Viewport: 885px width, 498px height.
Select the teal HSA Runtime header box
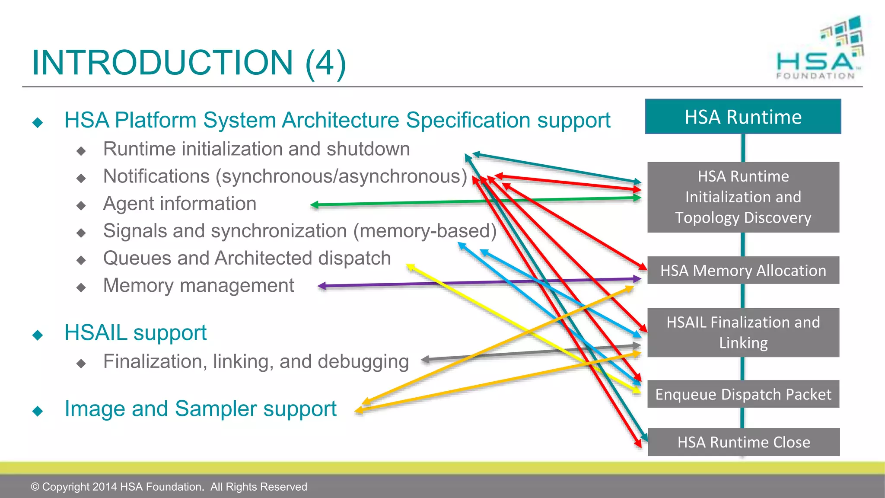pyautogui.click(x=743, y=117)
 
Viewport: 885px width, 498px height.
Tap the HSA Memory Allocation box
pyautogui.click(x=743, y=271)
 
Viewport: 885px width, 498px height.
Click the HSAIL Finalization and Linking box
pyautogui.click(x=743, y=332)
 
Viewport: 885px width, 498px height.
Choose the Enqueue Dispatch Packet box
pyautogui.click(x=743, y=394)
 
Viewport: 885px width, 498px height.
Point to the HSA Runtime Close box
pyautogui.click(x=743, y=442)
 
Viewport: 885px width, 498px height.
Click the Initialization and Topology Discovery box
pyautogui.click(x=743, y=197)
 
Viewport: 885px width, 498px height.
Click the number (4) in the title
pyautogui.click(x=325, y=63)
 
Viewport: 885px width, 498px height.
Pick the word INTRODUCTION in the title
pyautogui.click(x=162, y=63)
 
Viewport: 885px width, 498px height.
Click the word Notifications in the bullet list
pyautogui.click(x=156, y=176)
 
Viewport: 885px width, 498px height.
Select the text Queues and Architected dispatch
pyautogui.click(x=247, y=259)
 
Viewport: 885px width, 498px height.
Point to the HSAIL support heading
pyautogui.click(x=135, y=333)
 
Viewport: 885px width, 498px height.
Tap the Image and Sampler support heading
pyautogui.click(x=200, y=409)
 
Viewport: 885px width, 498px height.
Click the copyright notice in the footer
pyautogui.click(x=169, y=487)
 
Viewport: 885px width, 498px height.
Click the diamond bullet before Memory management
pyautogui.click(x=81, y=287)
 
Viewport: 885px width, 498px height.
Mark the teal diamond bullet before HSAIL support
pyautogui.click(x=38, y=335)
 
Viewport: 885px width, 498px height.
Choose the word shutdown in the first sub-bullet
pyautogui.click(x=368, y=149)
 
